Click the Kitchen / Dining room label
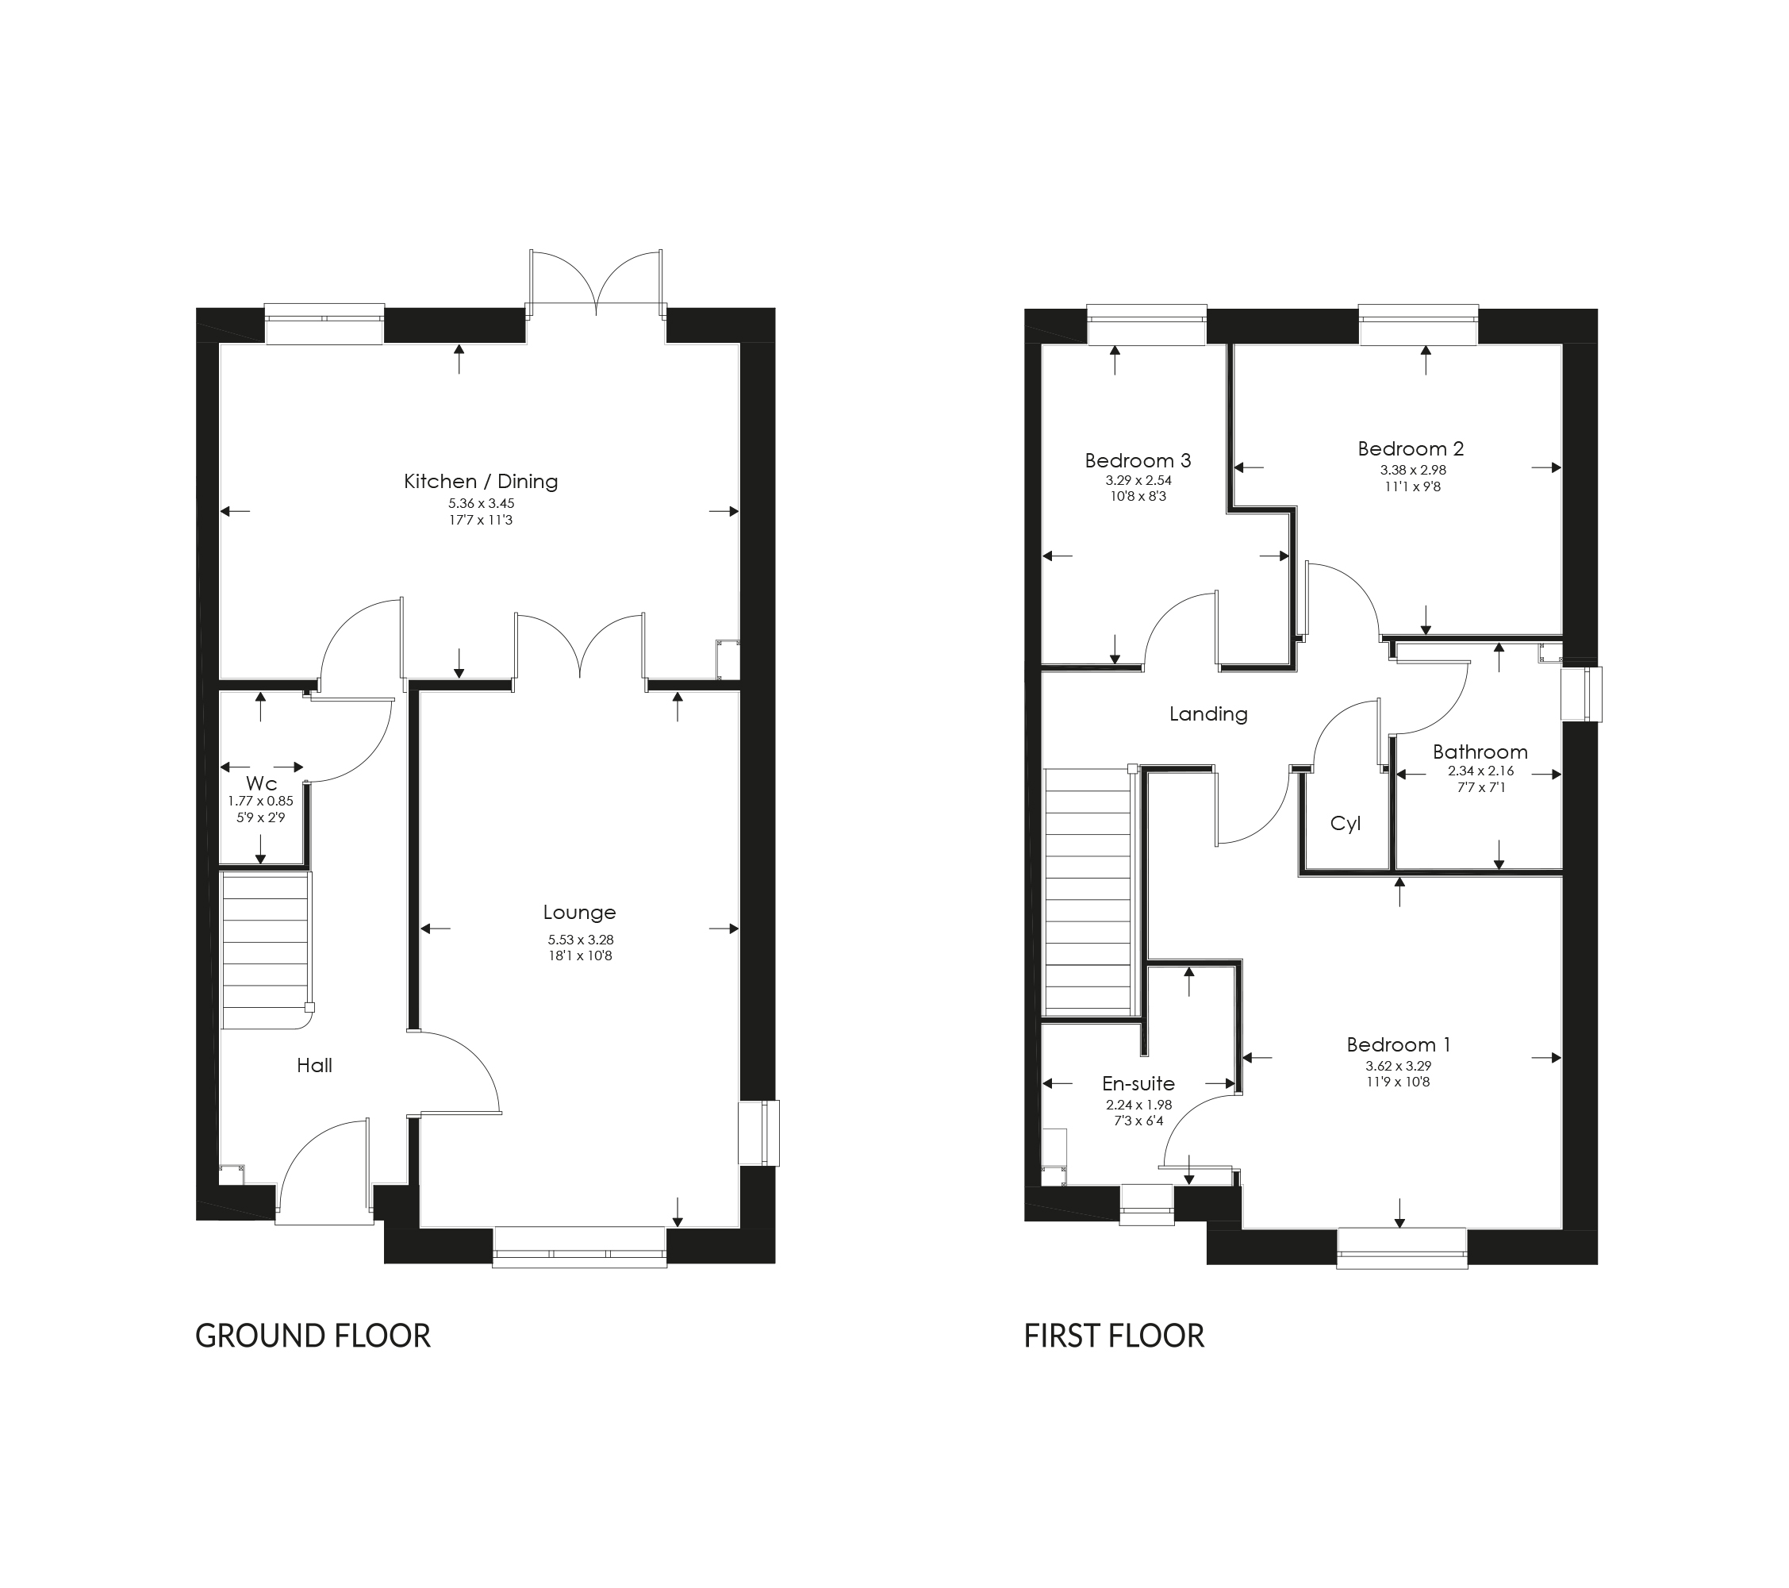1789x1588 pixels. [x=481, y=481]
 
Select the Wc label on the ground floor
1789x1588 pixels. [x=261, y=783]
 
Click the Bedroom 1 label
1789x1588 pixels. [x=1399, y=1044]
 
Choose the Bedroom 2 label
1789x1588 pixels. [x=1410, y=449]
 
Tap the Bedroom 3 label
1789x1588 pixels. [x=1138, y=460]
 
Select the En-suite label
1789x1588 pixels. [x=1138, y=1084]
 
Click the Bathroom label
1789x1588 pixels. [x=1480, y=752]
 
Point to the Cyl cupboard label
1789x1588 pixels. [x=1346, y=824]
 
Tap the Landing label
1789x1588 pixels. [x=1209, y=714]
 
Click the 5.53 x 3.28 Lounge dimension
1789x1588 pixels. [x=579, y=940]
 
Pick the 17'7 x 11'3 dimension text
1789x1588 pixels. [x=481, y=520]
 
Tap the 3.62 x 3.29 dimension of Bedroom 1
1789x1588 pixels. [x=1399, y=1067]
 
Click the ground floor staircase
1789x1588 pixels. [x=265, y=950]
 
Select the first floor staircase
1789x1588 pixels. [x=1087, y=891]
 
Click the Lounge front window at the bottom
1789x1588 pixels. [x=579, y=1247]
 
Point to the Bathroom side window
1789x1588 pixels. [x=1582, y=694]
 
